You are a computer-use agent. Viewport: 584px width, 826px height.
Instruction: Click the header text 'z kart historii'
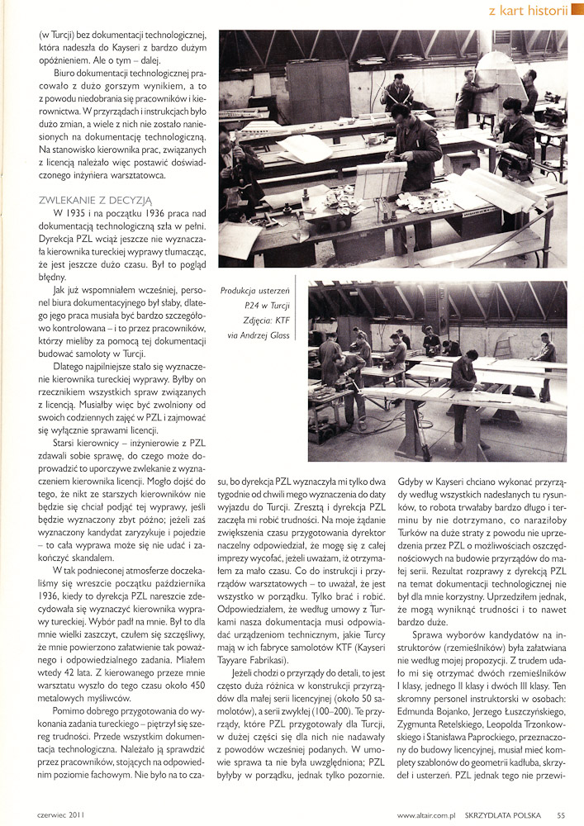(x=527, y=11)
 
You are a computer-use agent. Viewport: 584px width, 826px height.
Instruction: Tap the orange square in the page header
(x=576, y=11)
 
